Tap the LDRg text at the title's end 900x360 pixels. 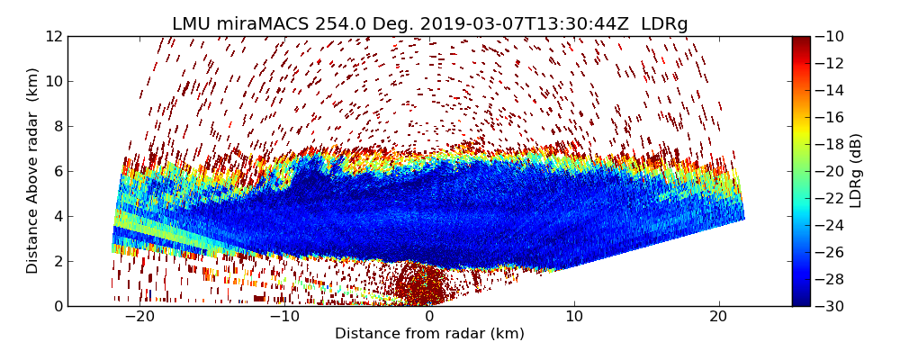pos(664,24)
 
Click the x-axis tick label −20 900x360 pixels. pos(139,317)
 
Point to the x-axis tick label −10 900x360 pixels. pos(284,317)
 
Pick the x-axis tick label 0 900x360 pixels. pos(429,317)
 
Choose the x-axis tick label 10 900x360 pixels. pos(573,317)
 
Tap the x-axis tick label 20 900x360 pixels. pos(718,317)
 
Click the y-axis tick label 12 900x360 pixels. pos(53,37)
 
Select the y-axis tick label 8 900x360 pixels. pos(57,126)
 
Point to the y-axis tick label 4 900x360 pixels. pos(57,216)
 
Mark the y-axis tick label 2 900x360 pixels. pos(57,261)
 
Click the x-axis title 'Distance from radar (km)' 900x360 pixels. pos(429,334)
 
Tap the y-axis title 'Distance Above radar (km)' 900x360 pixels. pos(33,171)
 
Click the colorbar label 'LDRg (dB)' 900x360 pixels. pos(856,171)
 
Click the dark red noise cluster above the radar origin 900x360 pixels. pos(423,283)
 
